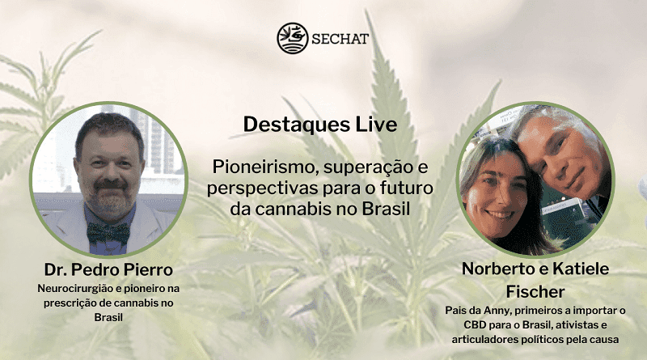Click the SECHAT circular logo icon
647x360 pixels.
coord(292,37)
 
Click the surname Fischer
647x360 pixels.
coord(535,291)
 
